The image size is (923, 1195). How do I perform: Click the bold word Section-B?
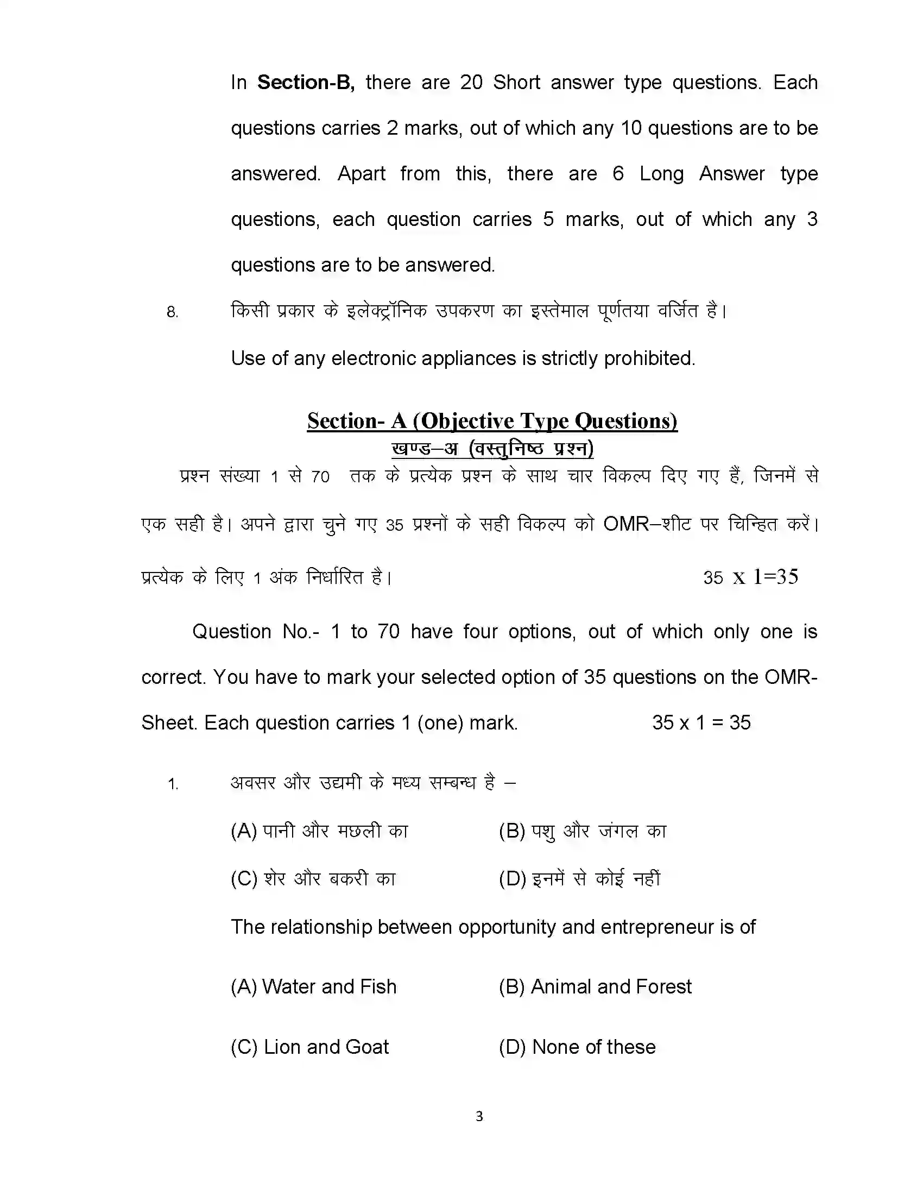[306, 83]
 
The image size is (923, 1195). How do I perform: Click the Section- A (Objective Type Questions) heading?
[492, 421]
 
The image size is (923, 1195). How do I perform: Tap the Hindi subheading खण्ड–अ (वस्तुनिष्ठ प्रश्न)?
[492, 449]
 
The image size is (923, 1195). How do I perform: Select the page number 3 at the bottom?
[479, 1116]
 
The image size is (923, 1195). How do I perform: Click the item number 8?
[172, 312]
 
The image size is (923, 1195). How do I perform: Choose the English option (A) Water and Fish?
[313, 986]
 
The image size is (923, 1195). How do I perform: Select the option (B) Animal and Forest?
[595, 986]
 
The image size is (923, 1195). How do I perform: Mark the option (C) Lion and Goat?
[309, 1047]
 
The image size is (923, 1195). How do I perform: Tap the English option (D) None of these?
[577, 1047]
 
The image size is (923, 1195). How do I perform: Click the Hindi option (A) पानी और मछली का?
[319, 831]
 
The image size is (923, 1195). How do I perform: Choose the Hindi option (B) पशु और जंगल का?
[583, 831]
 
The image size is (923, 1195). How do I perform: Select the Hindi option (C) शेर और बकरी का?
[313, 879]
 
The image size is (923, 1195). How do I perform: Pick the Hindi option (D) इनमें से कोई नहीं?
[580, 879]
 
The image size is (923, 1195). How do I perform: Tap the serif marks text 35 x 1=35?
[750, 577]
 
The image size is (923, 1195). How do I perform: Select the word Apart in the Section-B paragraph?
[361, 174]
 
